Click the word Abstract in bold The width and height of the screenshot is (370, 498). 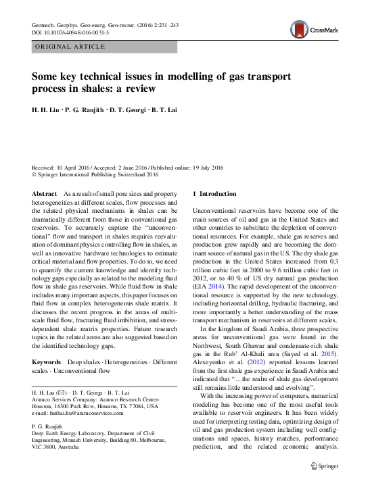[x=45, y=194]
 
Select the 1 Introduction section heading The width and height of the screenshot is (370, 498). [x=215, y=194]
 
